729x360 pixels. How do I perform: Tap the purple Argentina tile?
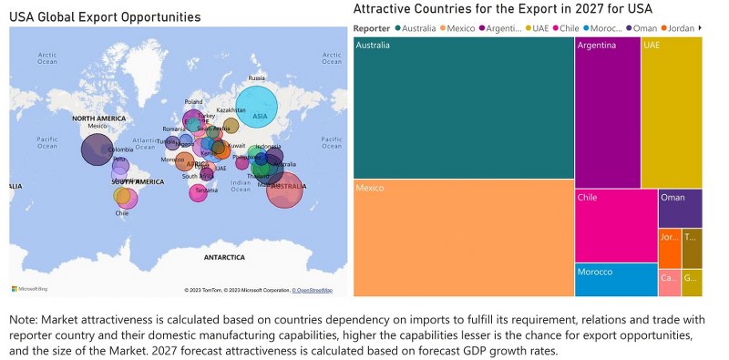click(607, 112)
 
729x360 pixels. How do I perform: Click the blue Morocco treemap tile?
click(615, 280)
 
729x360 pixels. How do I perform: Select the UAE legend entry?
click(540, 28)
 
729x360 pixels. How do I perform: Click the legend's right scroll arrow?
click(700, 28)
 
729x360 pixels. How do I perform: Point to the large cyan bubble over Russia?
click(256, 109)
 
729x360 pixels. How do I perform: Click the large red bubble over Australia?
click(284, 189)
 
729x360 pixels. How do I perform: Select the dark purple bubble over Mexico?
click(98, 149)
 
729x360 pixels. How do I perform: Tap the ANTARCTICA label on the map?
click(223, 258)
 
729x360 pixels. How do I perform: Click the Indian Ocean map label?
click(240, 185)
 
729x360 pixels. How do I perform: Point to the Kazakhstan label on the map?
click(231, 110)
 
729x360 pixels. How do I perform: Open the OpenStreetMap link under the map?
click(313, 290)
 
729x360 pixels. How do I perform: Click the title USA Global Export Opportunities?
click(105, 17)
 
